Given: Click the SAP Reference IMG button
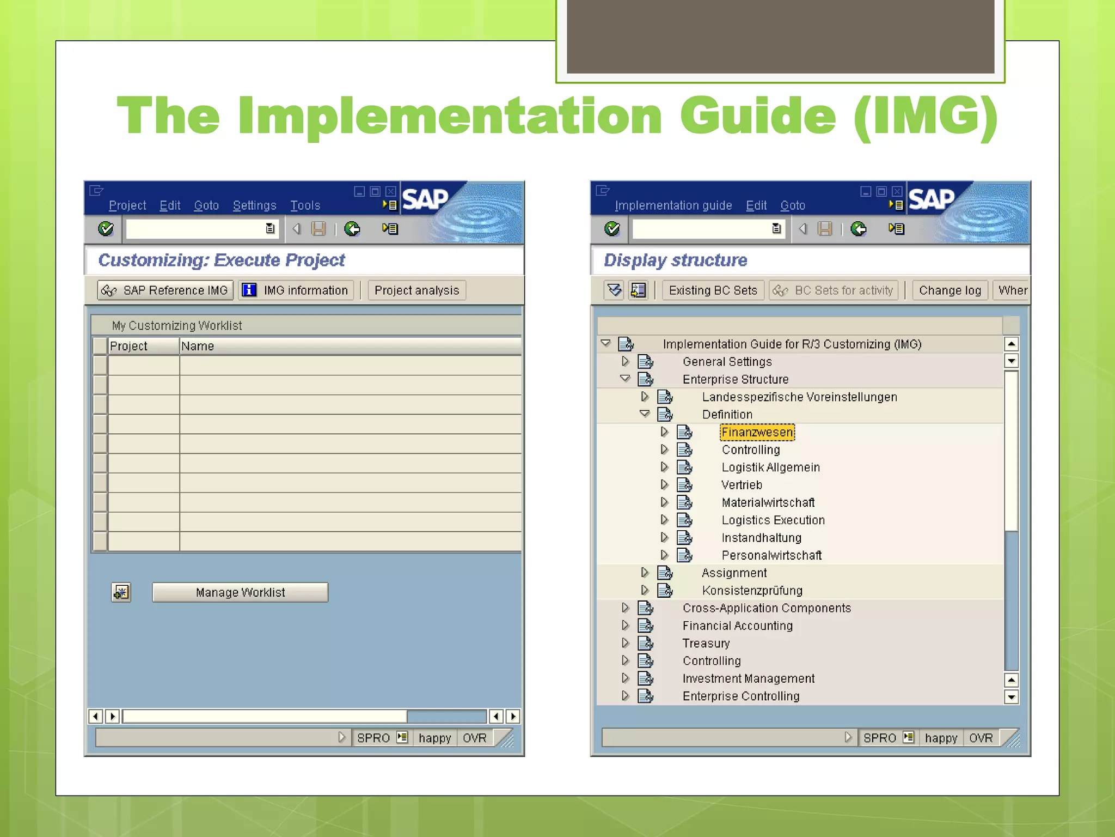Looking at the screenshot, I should [x=166, y=290].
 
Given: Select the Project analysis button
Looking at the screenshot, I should [x=416, y=290].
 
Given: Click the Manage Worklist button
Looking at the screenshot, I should [x=240, y=592].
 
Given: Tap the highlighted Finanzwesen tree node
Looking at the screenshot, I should [x=757, y=432].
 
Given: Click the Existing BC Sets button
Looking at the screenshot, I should [x=713, y=290].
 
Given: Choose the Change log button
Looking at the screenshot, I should [x=949, y=290].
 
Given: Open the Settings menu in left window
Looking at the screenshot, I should [x=254, y=205].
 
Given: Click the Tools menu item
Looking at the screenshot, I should [x=305, y=205].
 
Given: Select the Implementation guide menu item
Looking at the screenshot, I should [x=673, y=205].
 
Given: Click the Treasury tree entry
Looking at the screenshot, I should [x=706, y=643].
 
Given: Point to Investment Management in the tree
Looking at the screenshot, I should [x=748, y=678].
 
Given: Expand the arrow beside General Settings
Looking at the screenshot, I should [x=625, y=361].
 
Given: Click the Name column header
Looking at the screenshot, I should [x=197, y=346].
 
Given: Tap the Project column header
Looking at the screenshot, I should [x=128, y=346].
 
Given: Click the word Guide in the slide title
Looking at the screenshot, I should [x=757, y=116].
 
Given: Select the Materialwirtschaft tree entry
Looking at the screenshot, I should [x=768, y=502].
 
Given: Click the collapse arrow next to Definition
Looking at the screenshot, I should [x=645, y=414].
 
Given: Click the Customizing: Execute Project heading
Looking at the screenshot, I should [x=221, y=260].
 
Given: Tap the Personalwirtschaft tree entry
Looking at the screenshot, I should [x=771, y=555].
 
